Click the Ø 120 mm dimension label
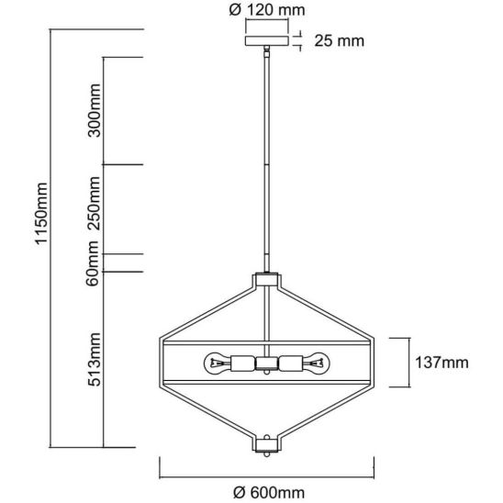tap(267, 10)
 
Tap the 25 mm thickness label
tap(339, 40)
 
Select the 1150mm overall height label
tap(41, 214)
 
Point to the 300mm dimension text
tap(94, 110)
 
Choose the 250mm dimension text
tap(94, 203)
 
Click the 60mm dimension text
tap(92, 263)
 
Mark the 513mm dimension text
tap(95, 360)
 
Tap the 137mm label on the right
tap(442, 363)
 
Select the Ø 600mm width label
tap(269, 492)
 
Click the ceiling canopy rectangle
tap(267, 40)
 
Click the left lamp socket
tap(243, 363)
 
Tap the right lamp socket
tap(291, 363)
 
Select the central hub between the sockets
tap(267, 363)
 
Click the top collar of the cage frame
tap(267, 279)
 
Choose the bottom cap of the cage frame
tap(267, 445)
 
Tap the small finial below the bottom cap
tap(267, 454)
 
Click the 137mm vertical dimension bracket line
tap(409, 363)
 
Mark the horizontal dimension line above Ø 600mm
tap(267, 477)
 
